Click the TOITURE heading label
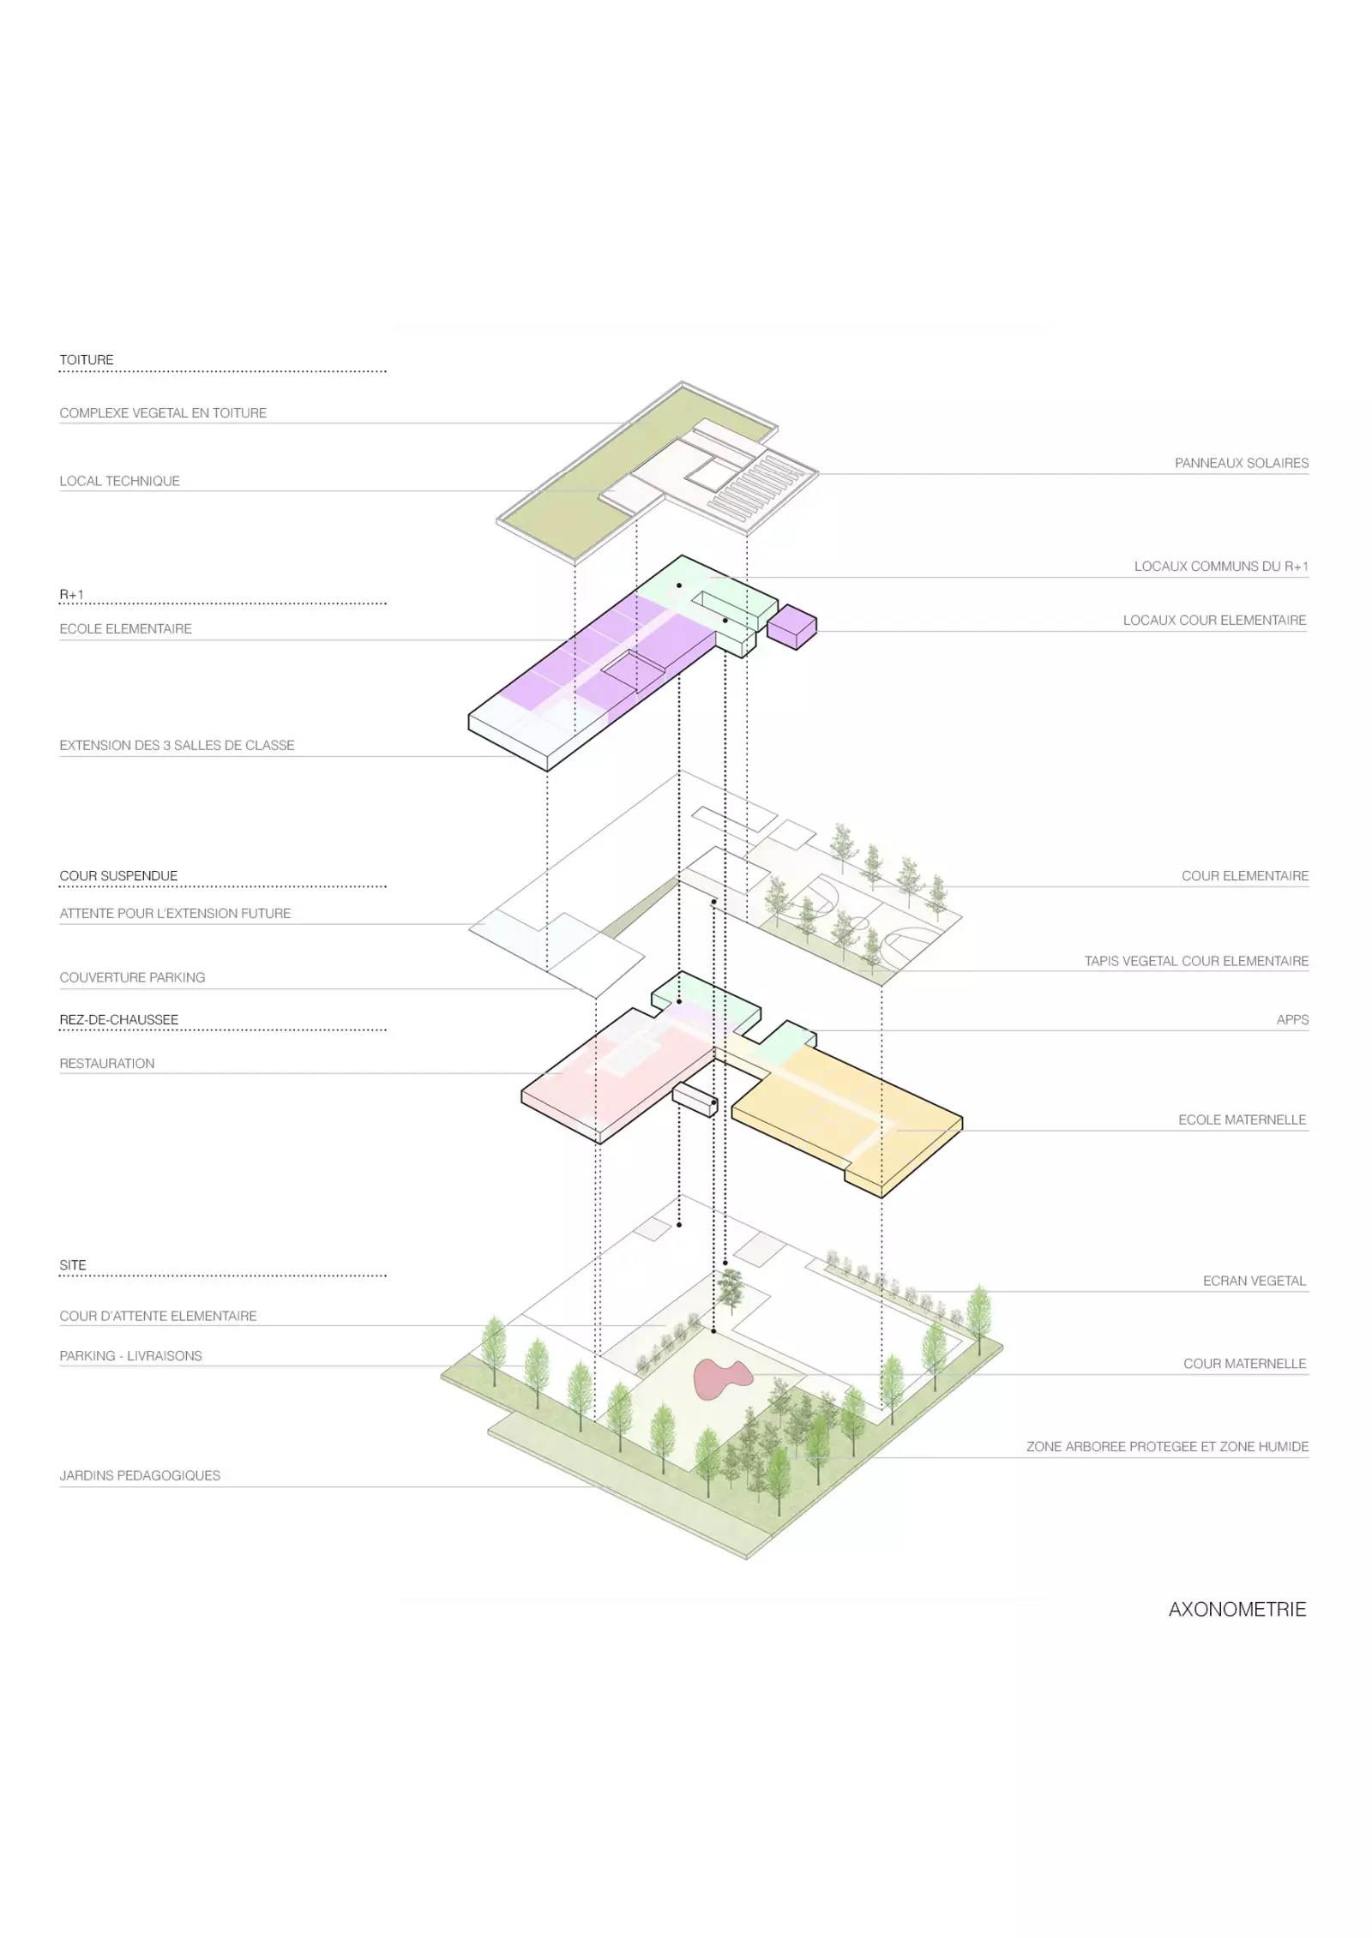click(x=86, y=360)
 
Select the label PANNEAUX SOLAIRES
click(x=1241, y=463)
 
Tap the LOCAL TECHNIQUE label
click(x=119, y=481)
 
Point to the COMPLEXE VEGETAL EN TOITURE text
click(x=163, y=413)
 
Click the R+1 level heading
click(x=71, y=594)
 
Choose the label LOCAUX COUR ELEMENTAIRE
click(x=1214, y=620)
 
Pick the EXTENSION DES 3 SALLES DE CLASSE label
click(x=177, y=746)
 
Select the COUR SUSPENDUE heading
click(x=118, y=876)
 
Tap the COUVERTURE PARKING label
click(x=132, y=977)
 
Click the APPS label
click(x=1291, y=1020)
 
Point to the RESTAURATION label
click(x=107, y=1064)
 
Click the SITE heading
click(x=73, y=1265)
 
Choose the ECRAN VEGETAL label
click(x=1254, y=1281)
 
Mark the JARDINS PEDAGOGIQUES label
click(x=140, y=1475)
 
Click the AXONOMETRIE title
click(x=1237, y=1609)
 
